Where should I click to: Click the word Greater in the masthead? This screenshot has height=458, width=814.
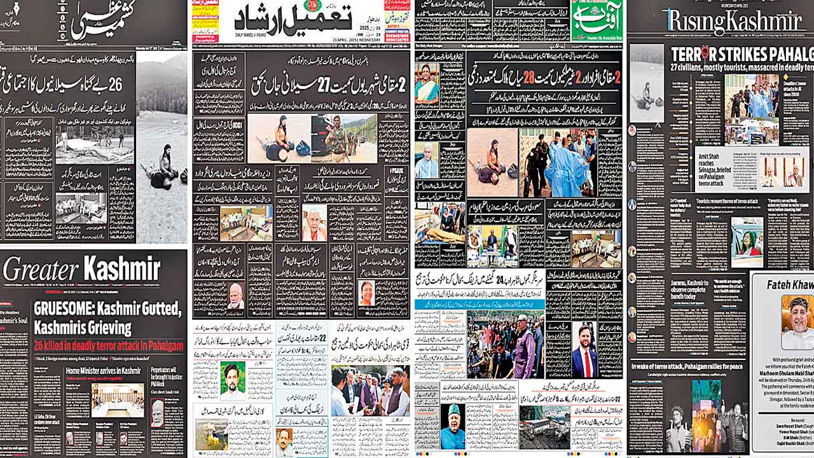coord(39,269)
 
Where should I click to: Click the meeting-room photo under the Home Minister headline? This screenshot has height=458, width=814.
coord(118,400)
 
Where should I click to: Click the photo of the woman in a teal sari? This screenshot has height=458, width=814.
coord(427,85)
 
